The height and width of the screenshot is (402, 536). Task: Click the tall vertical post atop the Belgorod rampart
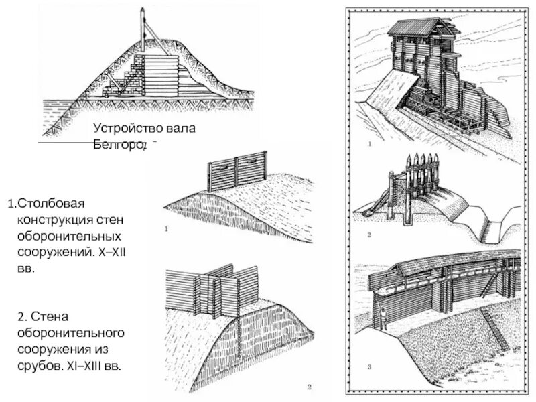143,30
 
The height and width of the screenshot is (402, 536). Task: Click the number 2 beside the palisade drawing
368,235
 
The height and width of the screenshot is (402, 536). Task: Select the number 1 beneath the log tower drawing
368,143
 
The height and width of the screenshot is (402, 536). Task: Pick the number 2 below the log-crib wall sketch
309,387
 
